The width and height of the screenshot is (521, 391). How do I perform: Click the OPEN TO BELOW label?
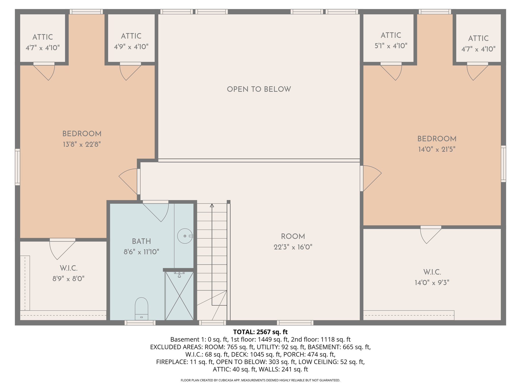(x=259, y=89)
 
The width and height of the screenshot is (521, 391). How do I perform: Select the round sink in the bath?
(x=185, y=236)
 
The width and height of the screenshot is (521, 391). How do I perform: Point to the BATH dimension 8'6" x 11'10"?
(x=141, y=252)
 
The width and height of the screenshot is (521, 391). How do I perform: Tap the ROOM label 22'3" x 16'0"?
(x=293, y=247)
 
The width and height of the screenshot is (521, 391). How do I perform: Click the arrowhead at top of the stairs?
(x=212, y=205)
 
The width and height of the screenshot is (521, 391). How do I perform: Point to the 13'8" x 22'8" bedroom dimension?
(x=82, y=145)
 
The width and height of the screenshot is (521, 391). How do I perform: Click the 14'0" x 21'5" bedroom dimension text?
(x=437, y=149)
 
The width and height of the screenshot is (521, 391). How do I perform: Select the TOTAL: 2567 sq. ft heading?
(x=260, y=332)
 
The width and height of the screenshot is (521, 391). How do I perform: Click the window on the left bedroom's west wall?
(x=17, y=167)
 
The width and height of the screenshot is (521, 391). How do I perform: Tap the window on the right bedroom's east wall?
(x=503, y=164)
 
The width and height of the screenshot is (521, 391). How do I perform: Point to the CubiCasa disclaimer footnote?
(x=260, y=380)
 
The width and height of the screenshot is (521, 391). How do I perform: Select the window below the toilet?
(x=140, y=323)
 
